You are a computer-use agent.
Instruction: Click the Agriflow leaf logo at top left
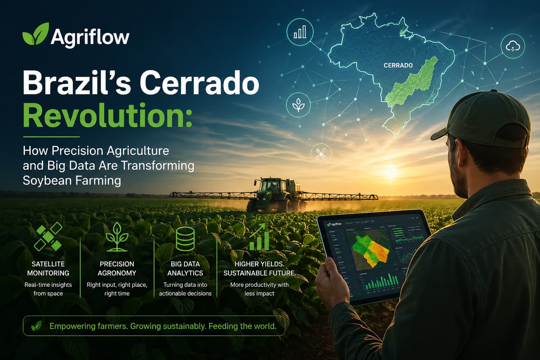(x=35, y=34)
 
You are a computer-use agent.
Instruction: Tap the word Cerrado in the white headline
(x=199, y=83)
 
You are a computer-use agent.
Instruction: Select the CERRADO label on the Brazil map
(x=398, y=65)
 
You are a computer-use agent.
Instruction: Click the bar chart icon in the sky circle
(x=300, y=32)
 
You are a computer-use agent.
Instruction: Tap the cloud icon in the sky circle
(x=513, y=46)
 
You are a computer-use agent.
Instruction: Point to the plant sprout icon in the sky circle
(x=298, y=105)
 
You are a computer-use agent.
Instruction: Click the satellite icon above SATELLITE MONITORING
(x=48, y=237)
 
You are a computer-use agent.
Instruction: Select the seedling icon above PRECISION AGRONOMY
(x=117, y=237)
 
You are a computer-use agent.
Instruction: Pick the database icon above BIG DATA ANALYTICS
(x=185, y=239)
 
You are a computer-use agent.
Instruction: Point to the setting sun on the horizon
(x=390, y=172)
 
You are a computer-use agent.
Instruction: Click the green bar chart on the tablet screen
(x=382, y=282)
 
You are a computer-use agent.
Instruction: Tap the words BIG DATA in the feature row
(x=185, y=264)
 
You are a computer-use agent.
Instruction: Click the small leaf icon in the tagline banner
(x=36, y=326)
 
